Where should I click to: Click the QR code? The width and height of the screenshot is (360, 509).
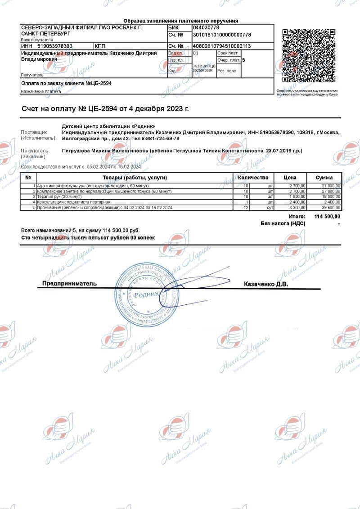(309, 56)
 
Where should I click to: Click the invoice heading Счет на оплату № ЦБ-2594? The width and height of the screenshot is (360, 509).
(105, 109)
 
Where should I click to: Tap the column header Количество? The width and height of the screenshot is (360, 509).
(253, 178)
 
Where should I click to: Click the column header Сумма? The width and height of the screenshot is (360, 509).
(324, 178)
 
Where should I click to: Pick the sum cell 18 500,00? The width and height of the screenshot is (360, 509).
(331, 197)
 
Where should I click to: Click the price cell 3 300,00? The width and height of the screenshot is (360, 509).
(296, 208)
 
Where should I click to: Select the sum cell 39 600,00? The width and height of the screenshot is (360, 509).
(331, 208)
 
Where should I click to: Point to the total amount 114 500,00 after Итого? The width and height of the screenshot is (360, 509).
(327, 217)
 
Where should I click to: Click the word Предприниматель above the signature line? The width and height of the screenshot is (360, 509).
(69, 284)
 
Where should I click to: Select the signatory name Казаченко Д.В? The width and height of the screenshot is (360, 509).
(265, 284)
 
